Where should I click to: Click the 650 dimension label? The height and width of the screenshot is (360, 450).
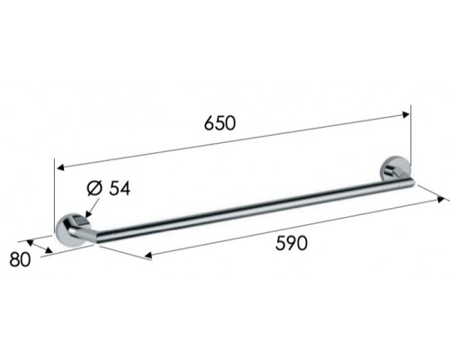(x=220, y=123)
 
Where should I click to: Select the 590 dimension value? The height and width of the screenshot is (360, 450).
(x=292, y=243)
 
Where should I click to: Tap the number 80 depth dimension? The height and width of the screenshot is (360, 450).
(x=20, y=259)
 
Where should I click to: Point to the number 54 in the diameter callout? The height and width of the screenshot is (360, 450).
(x=120, y=189)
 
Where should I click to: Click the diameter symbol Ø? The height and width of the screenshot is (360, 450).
(x=94, y=188)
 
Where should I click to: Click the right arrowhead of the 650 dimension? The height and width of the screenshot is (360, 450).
(x=406, y=114)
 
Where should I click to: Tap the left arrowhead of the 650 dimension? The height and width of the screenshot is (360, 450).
(x=60, y=167)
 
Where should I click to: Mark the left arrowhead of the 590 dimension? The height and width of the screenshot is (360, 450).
(x=148, y=256)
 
